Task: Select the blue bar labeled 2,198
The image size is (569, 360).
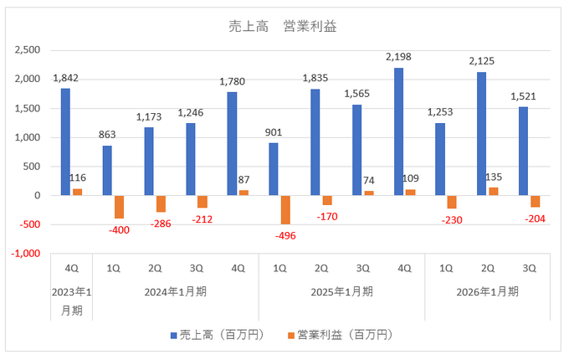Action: (x=398, y=131)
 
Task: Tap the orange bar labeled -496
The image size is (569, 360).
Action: (x=286, y=209)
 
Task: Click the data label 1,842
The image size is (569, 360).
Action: (x=65, y=78)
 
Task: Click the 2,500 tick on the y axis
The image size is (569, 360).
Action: (x=28, y=50)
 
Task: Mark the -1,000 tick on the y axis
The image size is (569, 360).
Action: (x=26, y=254)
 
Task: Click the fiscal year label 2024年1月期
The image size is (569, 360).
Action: (x=176, y=291)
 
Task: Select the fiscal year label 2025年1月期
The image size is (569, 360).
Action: (x=341, y=291)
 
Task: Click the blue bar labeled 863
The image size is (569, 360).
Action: (x=107, y=171)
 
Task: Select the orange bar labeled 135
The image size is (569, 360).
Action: (x=494, y=192)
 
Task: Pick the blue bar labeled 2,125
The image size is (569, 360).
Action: (x=481, y=134)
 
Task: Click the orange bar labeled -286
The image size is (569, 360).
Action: (x=161, y=203)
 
